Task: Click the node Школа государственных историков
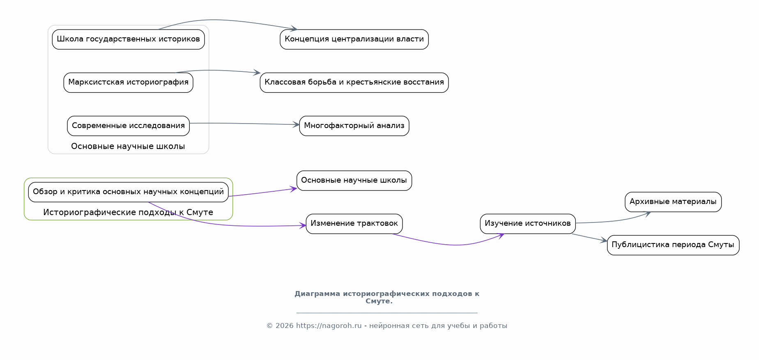coord(128,39)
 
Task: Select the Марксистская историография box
coord(128,83)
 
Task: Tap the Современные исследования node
coord(128,126)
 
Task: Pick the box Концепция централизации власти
coord(354,39)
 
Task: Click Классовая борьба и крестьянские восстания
coord(354,83)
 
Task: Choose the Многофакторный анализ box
coord(354,126)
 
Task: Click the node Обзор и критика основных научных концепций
coord(128,192)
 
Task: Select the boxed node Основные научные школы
coord(354,181)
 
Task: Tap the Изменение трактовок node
coord(354,224)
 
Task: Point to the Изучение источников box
coord(528,224)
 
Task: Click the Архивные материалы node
coord(673,202)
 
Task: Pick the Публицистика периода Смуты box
coord(673,245)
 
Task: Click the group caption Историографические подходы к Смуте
coord(128,212)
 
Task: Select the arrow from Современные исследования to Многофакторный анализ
coord(244,124)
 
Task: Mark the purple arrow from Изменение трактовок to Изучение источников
coord(452,245)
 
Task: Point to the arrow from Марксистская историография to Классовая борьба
coord(218,71)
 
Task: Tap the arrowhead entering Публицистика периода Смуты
coord(604,241)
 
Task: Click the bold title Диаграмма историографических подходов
coord(387,297)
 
